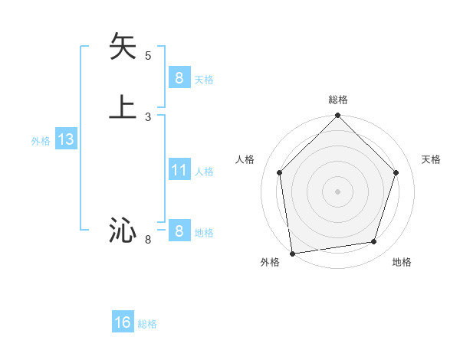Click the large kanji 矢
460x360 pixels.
[x=123, y=47]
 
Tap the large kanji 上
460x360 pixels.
[x=123, y=106]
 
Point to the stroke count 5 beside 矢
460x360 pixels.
[x=148, y=55]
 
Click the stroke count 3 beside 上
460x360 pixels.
[x=148, y=116]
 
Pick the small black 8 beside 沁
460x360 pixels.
[x=148, y=240]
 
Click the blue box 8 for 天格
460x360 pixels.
[x=179, y=78]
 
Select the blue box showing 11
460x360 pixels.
[x=179, y=170]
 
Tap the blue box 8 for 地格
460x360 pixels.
[x=179, y=231]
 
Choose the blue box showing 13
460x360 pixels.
[x=65, y=139]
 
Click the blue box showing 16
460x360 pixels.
[x=123, y=322]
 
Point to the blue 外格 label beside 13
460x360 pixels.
[x=41, y=141]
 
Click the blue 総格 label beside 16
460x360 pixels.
[x=147, y=324]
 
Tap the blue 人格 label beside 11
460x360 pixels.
[x=204, y=172]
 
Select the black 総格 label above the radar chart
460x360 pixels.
[x=338, y=100]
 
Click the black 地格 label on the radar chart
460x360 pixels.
[x=402, y=263]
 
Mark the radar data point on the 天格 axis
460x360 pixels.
[x=396, y=172]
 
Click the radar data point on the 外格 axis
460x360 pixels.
[x=292, y=253]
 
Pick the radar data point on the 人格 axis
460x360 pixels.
[x=280, y=172]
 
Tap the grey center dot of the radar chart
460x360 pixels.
[x=338, y=191]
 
